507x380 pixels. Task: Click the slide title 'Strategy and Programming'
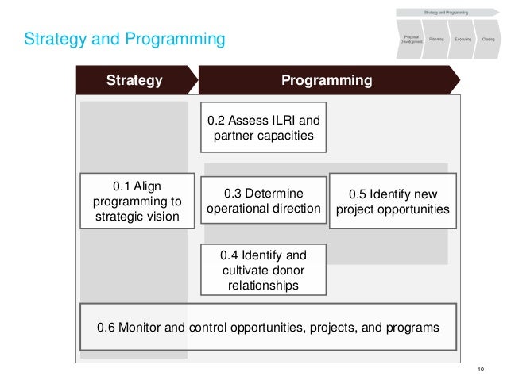(124, 38)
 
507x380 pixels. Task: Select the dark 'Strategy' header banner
(134, 80)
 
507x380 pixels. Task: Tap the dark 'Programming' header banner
(327, 80)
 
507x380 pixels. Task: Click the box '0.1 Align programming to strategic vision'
(137, 201)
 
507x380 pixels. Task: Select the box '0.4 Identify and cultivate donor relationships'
(263, 270)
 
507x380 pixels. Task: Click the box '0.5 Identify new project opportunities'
(393, 202)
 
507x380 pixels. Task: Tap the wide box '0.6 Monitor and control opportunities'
(268, 327)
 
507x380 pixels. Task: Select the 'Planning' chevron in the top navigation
(436, 38)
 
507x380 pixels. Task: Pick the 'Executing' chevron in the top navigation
(462, 38)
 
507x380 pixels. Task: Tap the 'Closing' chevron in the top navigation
(488, 38)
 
